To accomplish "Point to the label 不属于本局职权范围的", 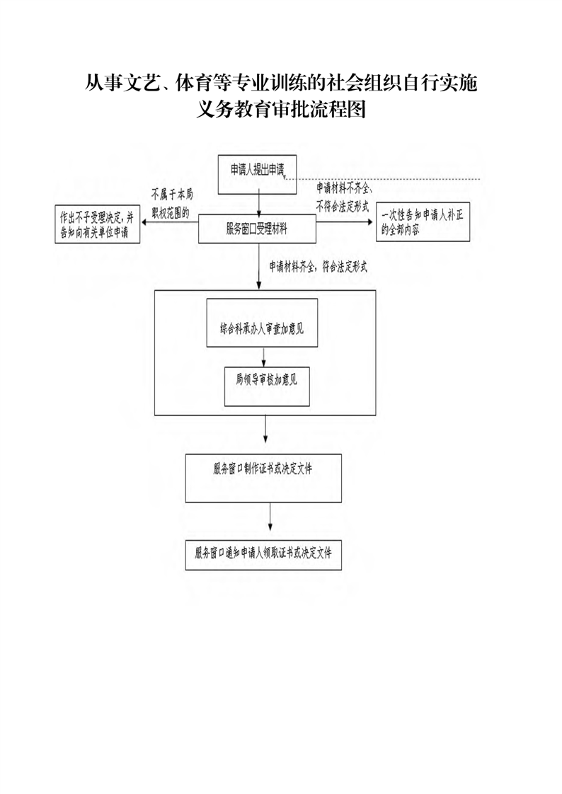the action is point(172,204).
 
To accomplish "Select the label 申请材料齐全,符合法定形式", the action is point(318,267).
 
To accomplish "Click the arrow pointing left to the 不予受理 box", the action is point(170,222).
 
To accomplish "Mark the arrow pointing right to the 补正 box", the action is point(345,221).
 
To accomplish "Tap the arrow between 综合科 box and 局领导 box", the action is point(264,357).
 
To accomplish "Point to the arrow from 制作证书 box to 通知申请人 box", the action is point(270,521).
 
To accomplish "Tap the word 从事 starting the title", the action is point(104,84).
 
